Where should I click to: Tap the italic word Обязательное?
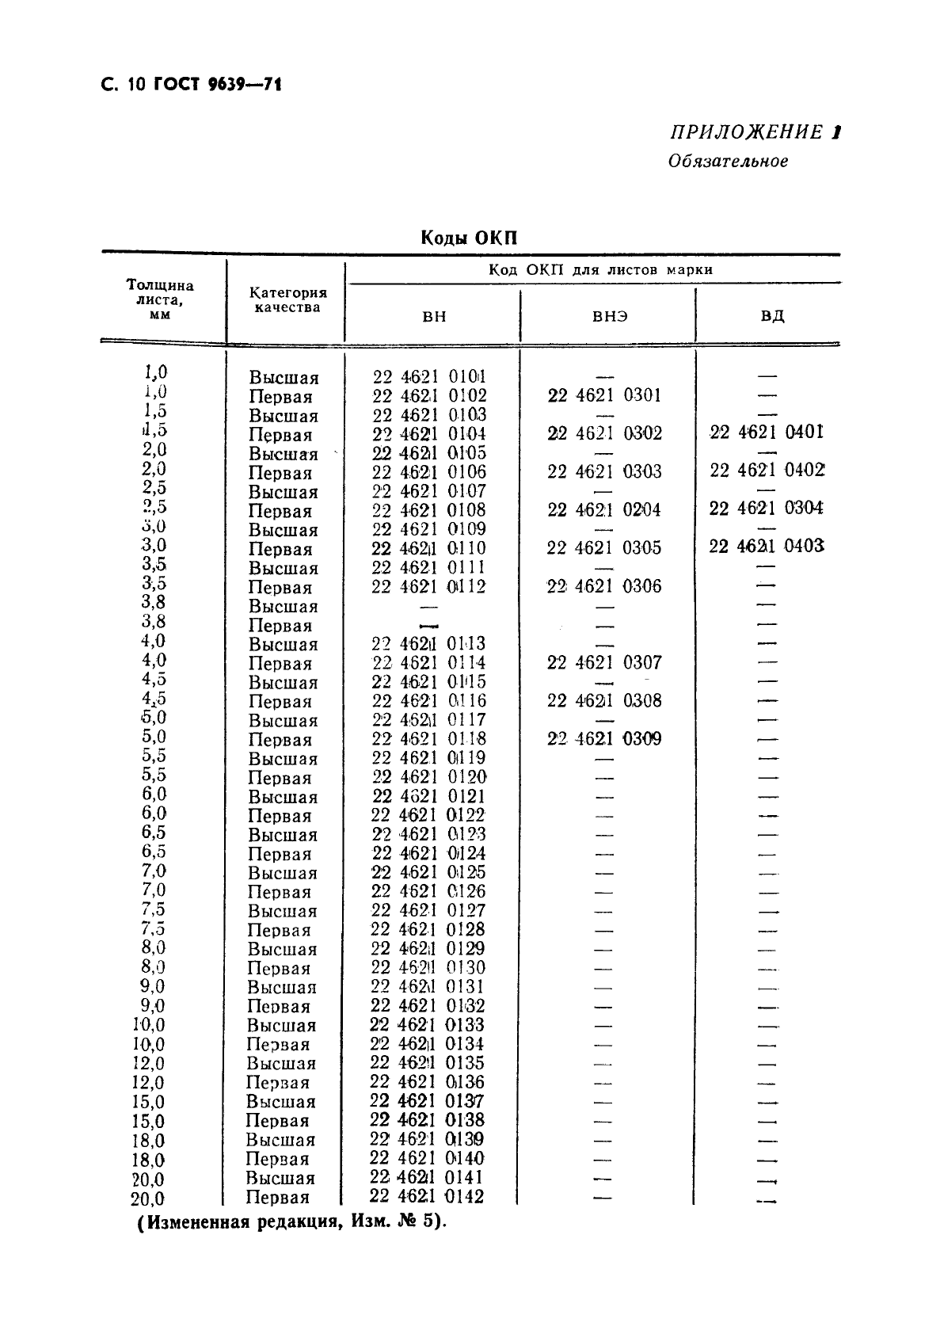click(728, 162)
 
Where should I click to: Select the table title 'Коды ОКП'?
click(469, 238)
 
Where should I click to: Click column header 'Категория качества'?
click(287, 300)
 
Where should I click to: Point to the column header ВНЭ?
click(610, 316)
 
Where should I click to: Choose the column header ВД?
click(772, 316)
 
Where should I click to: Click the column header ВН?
click(434, 316)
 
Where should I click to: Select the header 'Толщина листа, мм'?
click(160, 299)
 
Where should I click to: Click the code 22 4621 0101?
click(429, 376)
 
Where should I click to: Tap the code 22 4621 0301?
click(604, 395)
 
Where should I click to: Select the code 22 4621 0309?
click(604, 739)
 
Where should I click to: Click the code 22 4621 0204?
click(604, 510)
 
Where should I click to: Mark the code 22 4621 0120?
click(428, 777)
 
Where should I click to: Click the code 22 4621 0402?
click(767, 471)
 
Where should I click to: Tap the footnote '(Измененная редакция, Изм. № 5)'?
click(291, 1222)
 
